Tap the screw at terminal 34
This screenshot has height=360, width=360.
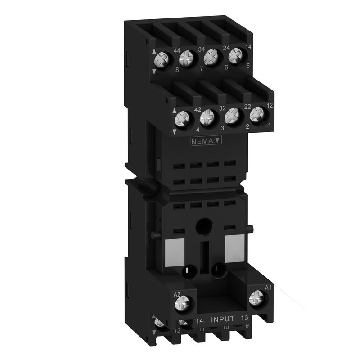click(x=186, y=59)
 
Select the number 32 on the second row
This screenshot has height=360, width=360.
click(x=222, y=108)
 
